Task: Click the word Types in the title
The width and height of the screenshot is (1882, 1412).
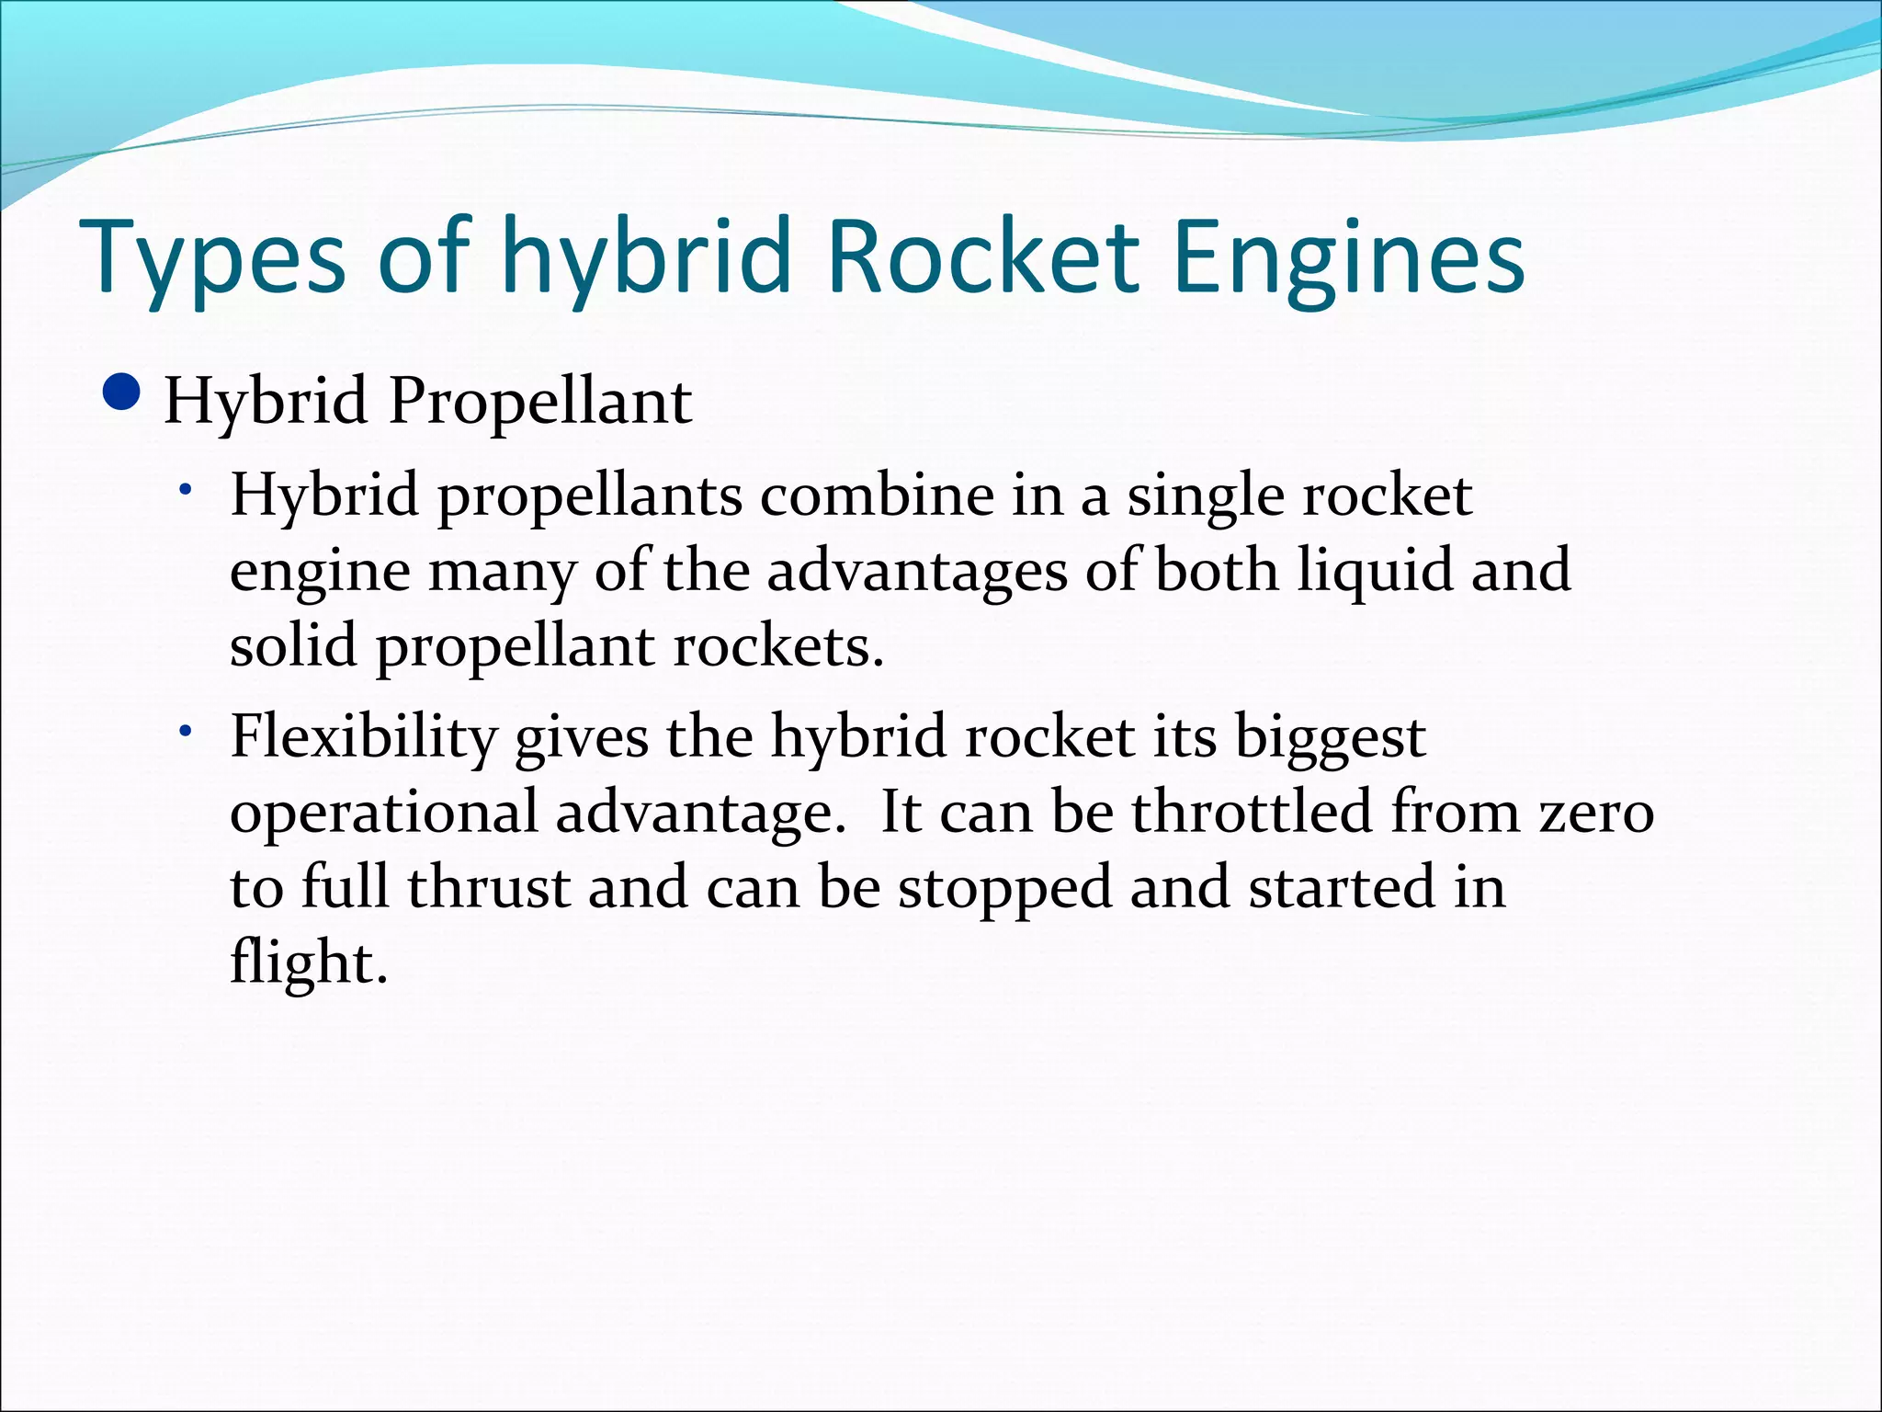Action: (x=213, y=257)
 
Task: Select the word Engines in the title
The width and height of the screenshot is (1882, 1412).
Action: (x=1349, y=257)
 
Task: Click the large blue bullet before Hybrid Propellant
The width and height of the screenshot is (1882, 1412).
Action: (x=122, y=394)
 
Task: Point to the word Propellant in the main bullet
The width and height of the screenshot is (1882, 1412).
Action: (x=539, y=402)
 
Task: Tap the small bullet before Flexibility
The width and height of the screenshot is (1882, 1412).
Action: (x=186, y=732)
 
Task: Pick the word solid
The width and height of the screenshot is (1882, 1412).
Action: (x=293, y=645)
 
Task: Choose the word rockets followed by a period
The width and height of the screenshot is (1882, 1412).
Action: (x=777, y=645)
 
